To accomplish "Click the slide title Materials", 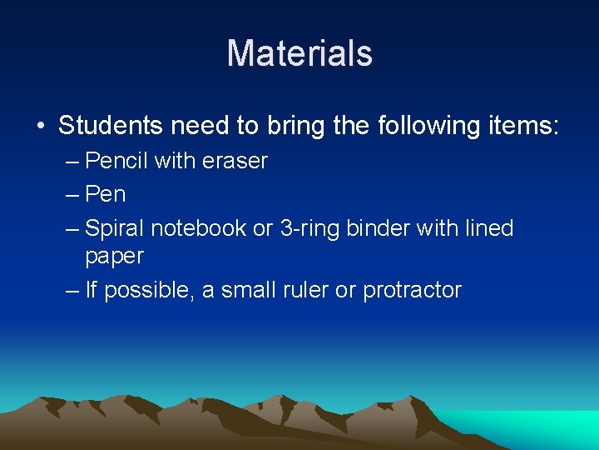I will tap(299, 53).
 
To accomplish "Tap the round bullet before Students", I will tap(40, 127).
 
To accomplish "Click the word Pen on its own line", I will tap(106, 194).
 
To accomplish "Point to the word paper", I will tap(114, 257).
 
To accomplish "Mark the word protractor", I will tap(412, 291).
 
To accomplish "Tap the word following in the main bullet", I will tap(423, 126).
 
